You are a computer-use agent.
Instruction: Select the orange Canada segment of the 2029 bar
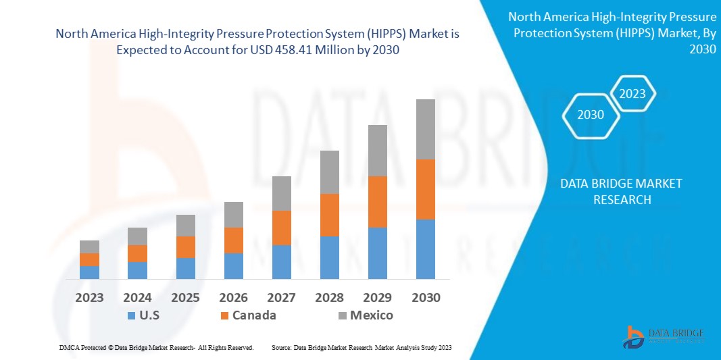pyautogui.click(x=377, y=201)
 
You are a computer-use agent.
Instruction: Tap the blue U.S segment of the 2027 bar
pyautogui.click(x=281, y=261)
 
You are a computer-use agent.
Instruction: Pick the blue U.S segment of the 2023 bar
pyautogui.click(x=89, y=272)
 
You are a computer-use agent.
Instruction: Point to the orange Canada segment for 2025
pyautogui.click(x=185, y=247)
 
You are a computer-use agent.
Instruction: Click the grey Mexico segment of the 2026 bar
pyautogui.click(x=233, y=214)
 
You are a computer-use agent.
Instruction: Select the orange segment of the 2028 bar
pyautogui.click(x=329, y=215)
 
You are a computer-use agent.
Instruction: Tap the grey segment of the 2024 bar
pyautogui.click(x=137, y=236)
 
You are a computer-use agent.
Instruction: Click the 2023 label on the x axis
pyautogui.click(x=89, y=297)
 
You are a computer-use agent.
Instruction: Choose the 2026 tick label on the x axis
pyautogui.click(x=233, y=297)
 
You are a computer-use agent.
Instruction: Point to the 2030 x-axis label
pyautogui.click(x=425, y=297)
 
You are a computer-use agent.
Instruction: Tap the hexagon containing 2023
pyautogui.click(x=632, y=94)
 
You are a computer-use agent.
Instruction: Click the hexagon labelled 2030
pyautogui.click(x=590, y=115)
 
